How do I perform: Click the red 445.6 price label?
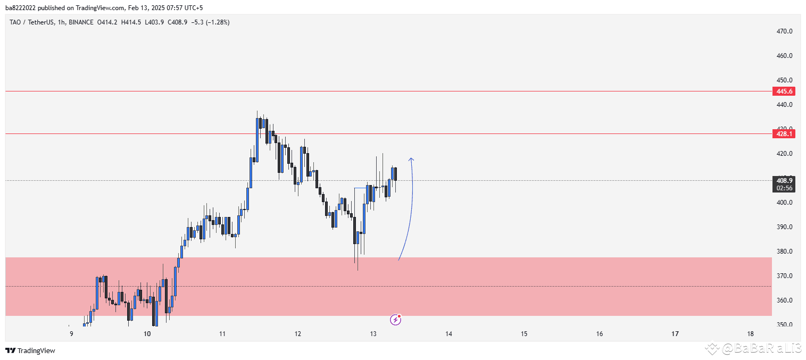coord(784,91)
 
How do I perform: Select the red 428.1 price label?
coord(784,134)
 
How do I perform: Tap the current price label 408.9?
coord(784,181)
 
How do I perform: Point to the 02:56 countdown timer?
coord(784,188)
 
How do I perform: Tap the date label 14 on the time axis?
coord(448,334)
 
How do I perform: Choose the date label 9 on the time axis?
coord(71,334)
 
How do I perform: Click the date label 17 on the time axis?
coord(675,334)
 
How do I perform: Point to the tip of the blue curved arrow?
coord(411,158)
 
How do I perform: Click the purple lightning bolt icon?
coord(395,320)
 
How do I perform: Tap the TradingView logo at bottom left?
coord(30,350)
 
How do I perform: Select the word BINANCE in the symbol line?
coord(80,22)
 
